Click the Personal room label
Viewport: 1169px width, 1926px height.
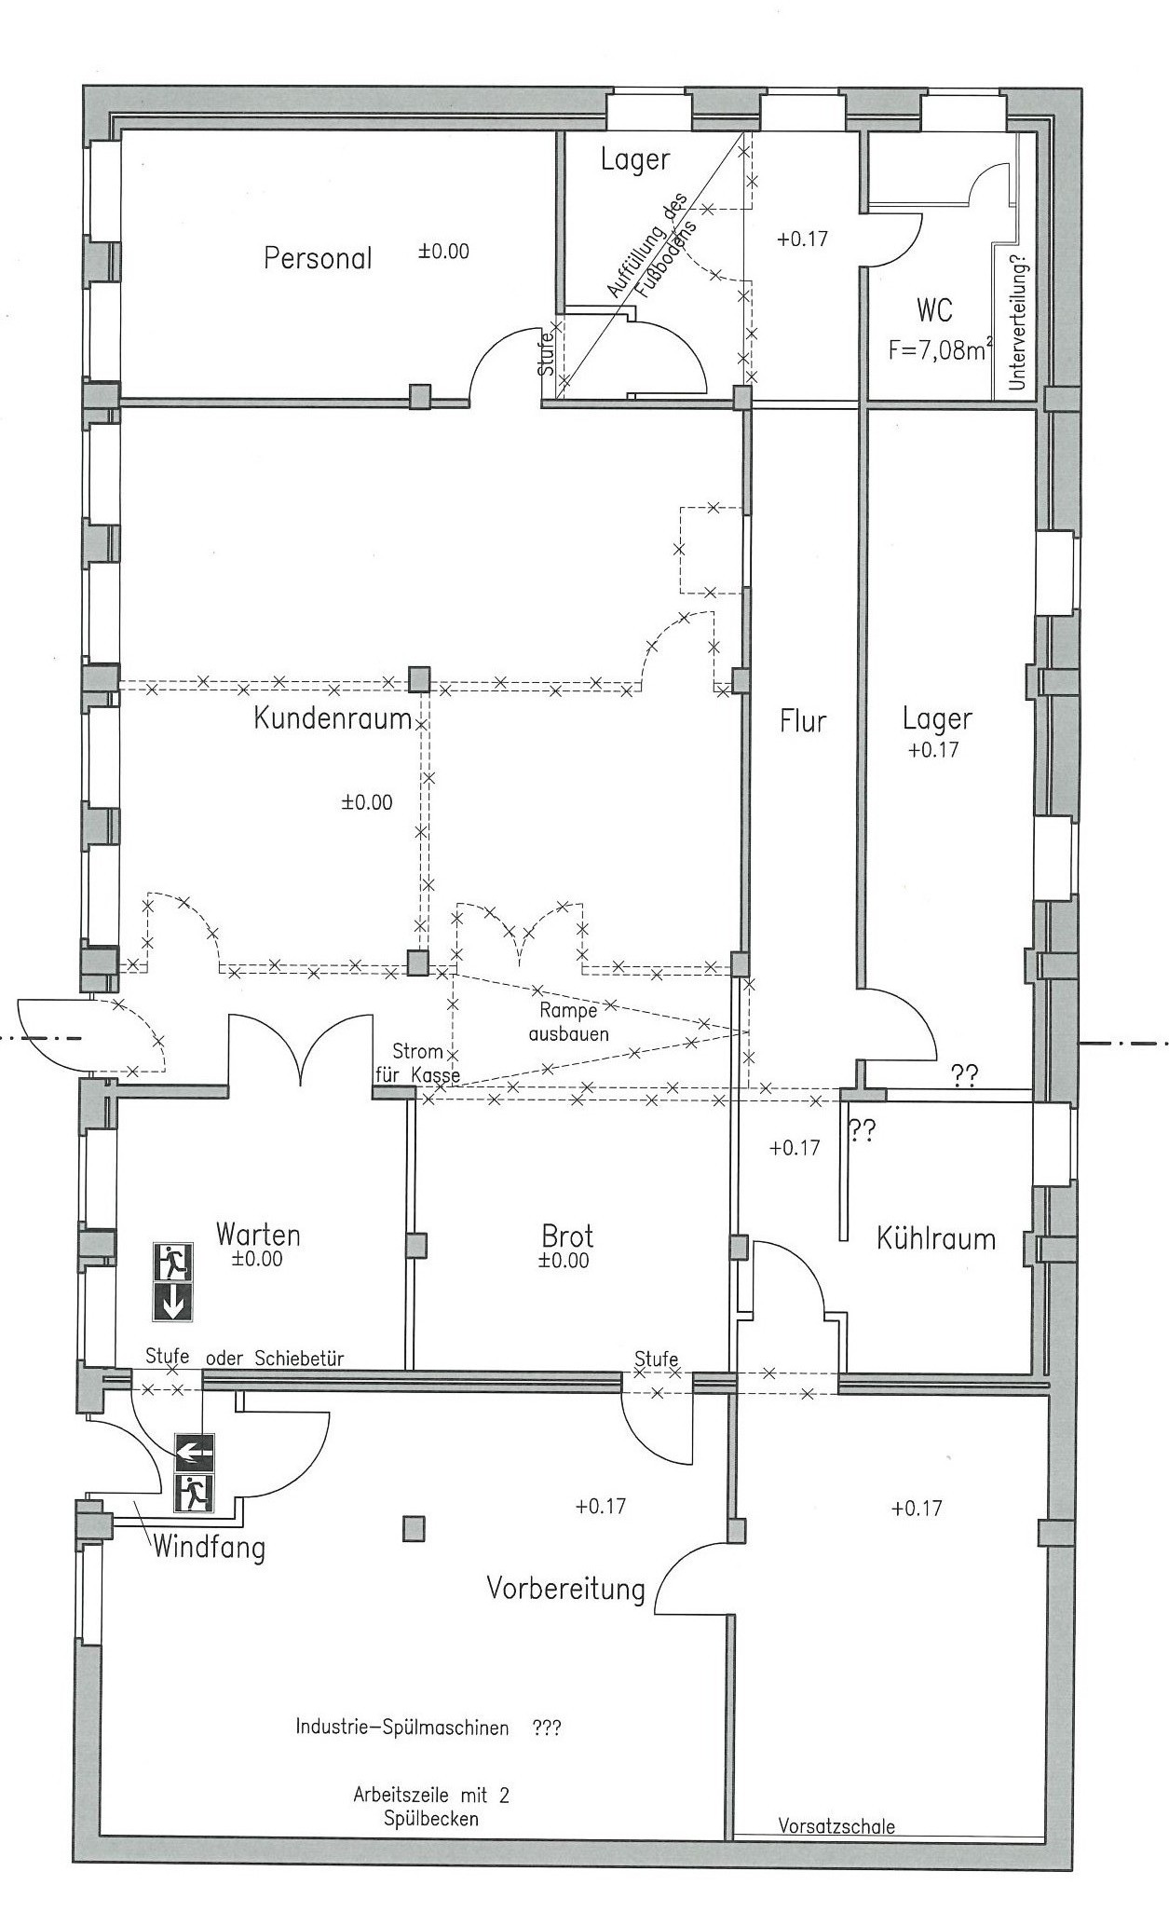click(318, 258)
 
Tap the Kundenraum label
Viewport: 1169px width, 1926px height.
click(333, 719)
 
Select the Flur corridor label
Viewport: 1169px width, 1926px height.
click(804, 720)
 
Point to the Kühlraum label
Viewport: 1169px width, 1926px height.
click(936, 1238)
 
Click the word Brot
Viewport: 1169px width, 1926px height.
click(567, 1236)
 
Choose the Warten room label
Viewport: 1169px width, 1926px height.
click(258, 1235)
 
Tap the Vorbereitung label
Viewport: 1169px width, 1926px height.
click(566, 1587)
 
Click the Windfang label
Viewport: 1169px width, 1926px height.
click(209, 1548)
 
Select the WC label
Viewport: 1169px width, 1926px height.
click(934, 309)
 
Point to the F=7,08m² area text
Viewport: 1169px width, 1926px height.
click(941, 350)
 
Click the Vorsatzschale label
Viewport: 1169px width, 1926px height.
click(836, 1826)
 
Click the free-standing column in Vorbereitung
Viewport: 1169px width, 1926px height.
click(414, 1528)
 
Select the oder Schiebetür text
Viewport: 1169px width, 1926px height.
click(275, 1359)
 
